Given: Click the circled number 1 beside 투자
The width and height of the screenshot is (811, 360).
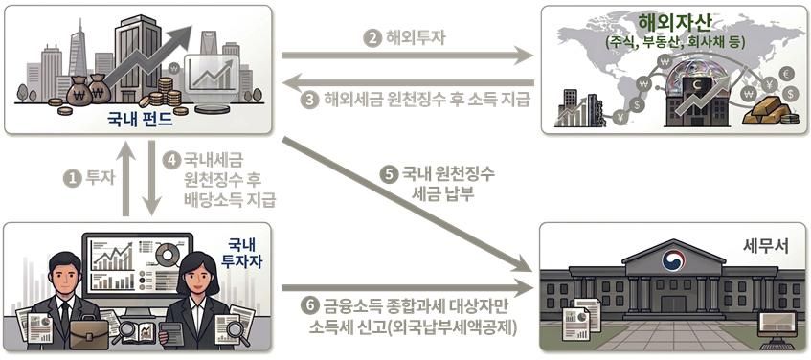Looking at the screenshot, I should tap(70, 177).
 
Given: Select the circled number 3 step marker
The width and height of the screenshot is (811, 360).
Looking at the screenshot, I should tap(309, 100).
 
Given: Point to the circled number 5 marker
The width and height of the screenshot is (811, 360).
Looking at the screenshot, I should tap(388, 175).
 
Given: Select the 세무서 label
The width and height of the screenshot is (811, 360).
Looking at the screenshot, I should tap(765, 245).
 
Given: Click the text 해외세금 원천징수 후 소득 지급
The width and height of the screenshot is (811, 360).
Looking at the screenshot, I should tap(428, 100).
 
